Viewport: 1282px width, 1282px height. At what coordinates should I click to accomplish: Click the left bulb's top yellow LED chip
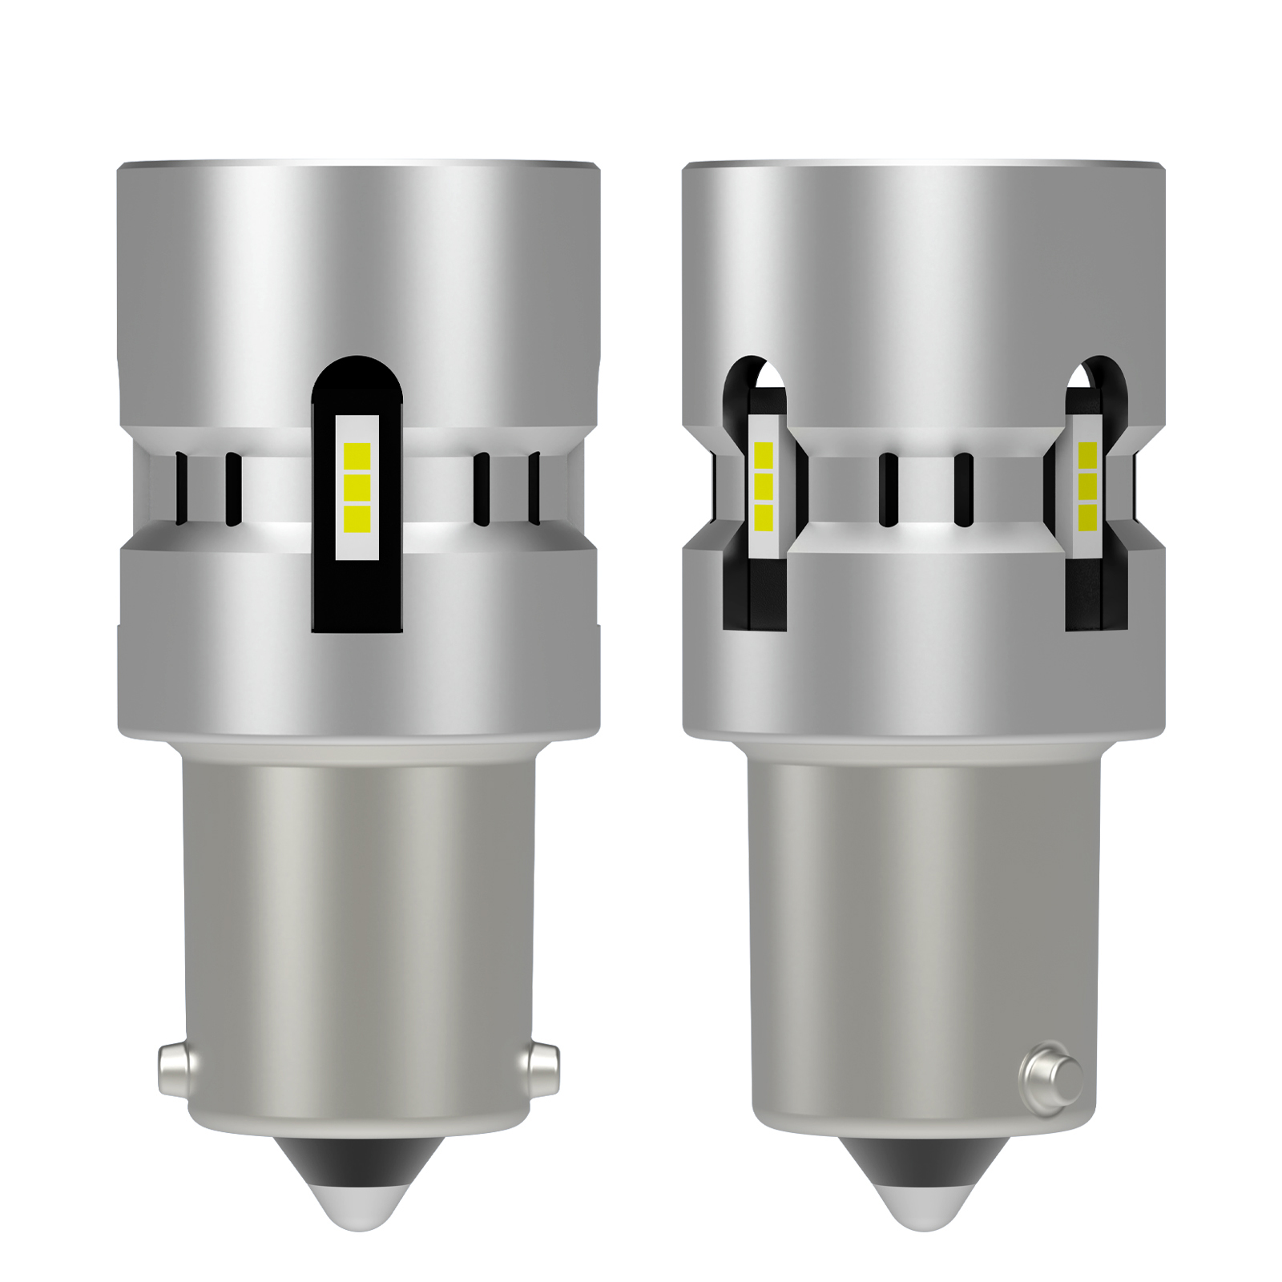pyautogui.click(x=357, y=454)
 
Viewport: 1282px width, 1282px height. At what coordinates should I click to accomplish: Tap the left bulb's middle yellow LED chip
pyautogui.click(x=357, y=486)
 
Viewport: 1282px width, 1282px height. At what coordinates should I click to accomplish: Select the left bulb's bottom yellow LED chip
pyautogui.click(x=357, y=518)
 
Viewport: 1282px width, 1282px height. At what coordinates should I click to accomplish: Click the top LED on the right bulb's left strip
pyautogui.click(x=763, y=455)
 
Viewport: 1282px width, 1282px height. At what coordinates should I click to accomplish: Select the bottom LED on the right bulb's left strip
pyautogui.click(x=763, y=517)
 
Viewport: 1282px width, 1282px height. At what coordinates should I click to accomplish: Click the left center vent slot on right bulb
pyautogui.click(x=888, y=489)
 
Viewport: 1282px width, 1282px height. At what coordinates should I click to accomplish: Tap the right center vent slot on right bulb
pyautogui.click(x=963, y=489)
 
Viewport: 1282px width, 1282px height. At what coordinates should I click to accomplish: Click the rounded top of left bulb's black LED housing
pyautogui.click(x=357, y=377)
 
